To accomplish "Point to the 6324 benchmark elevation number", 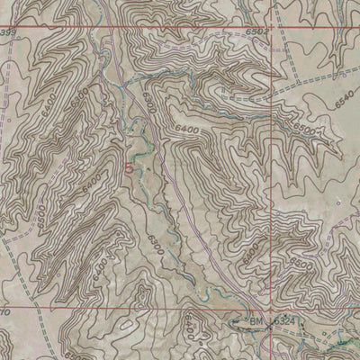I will click(283, 321).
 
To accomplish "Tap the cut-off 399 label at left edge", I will click(9, 32).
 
